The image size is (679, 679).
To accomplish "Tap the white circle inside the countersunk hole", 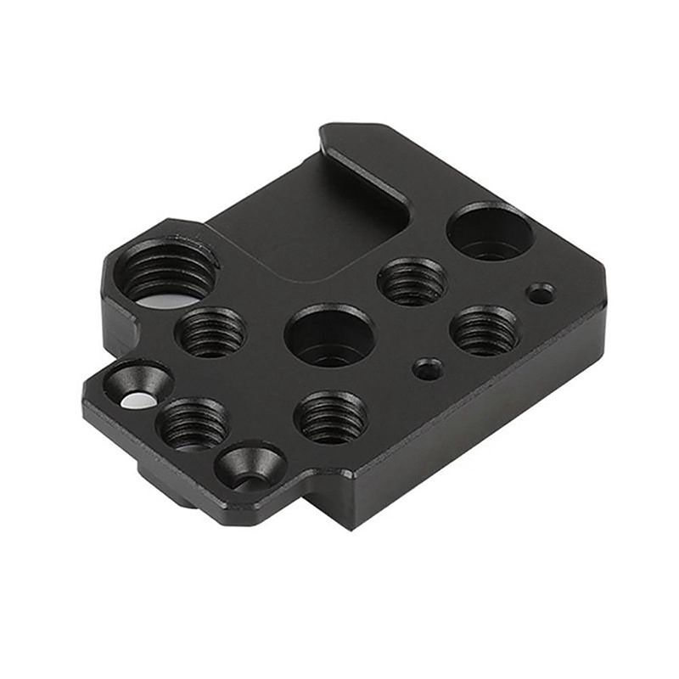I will click(133, 401).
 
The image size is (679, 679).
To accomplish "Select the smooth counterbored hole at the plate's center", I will click(329, 335).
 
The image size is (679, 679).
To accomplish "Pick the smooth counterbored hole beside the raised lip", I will click(490, 231).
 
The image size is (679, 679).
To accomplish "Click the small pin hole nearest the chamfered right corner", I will click(540, 294).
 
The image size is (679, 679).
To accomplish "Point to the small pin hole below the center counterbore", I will click(427, 369).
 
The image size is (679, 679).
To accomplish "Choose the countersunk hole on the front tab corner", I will click(250, 467).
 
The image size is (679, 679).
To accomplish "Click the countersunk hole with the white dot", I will click(137, 386).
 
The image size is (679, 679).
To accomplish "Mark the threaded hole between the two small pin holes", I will click(484, 330).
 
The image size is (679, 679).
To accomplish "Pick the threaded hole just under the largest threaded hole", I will click(210, 331).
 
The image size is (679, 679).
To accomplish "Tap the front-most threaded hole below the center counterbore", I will click(330, 417).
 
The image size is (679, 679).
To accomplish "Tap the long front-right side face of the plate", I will click(475, 424).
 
